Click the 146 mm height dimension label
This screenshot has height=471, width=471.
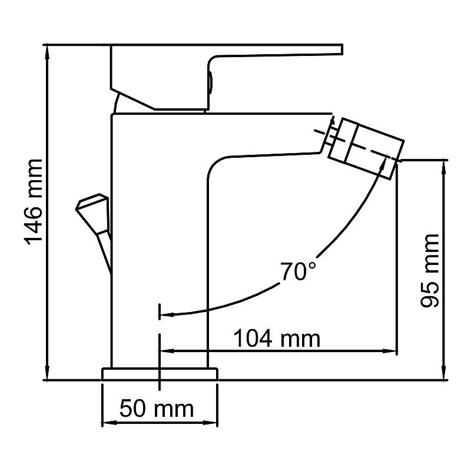[x=34, y=202]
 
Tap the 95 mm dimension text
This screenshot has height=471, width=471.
[x=429, y=270]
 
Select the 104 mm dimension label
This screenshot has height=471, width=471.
[x=277, y=338]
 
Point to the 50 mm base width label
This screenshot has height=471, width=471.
[x=157, y=409]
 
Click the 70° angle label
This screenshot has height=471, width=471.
[x=298, y=271]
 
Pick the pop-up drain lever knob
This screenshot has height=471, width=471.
[x=92, y=214]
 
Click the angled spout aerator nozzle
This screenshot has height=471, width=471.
[x=366, y=149]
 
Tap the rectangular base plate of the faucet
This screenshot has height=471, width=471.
[x=160, y=374]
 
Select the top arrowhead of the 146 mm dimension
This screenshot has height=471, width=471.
[x=47, y=51]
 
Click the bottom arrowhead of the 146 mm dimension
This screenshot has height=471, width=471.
[x=47, y=373]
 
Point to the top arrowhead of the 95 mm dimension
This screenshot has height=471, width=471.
[x=445, y=167]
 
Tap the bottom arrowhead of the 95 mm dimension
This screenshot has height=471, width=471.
[x=445, y=373]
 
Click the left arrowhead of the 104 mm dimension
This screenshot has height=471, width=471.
[x=167, y=350]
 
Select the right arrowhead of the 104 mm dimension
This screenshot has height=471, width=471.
[x=390, y=350]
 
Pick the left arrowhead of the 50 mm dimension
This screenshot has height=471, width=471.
[x=110, y=423]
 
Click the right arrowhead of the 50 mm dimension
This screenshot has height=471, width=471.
[x=210, y=423]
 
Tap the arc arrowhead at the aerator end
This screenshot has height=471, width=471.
[x=383, y=162]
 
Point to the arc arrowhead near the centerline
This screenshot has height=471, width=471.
[x=167, y=315]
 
